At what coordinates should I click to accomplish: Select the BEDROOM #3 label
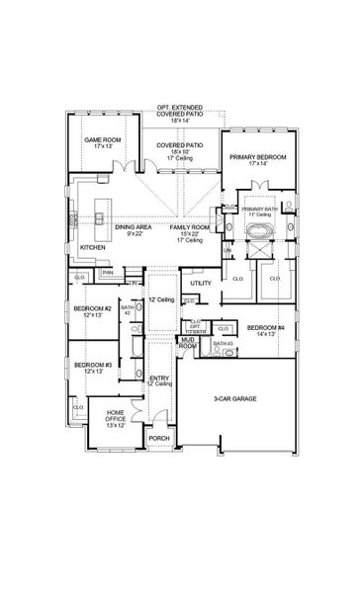pos(91,365)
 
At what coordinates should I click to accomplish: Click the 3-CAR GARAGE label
pos(236,398)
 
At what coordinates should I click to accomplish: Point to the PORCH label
pos(158,438)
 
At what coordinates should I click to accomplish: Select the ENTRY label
pos(158,378)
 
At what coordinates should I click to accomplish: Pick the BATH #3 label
pos(224,343)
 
